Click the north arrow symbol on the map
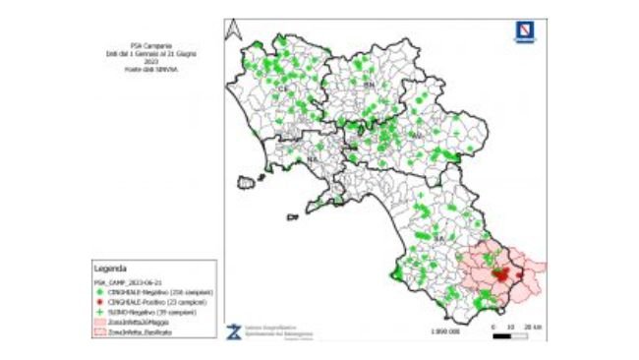(233, 30)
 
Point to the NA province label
(313, 157)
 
